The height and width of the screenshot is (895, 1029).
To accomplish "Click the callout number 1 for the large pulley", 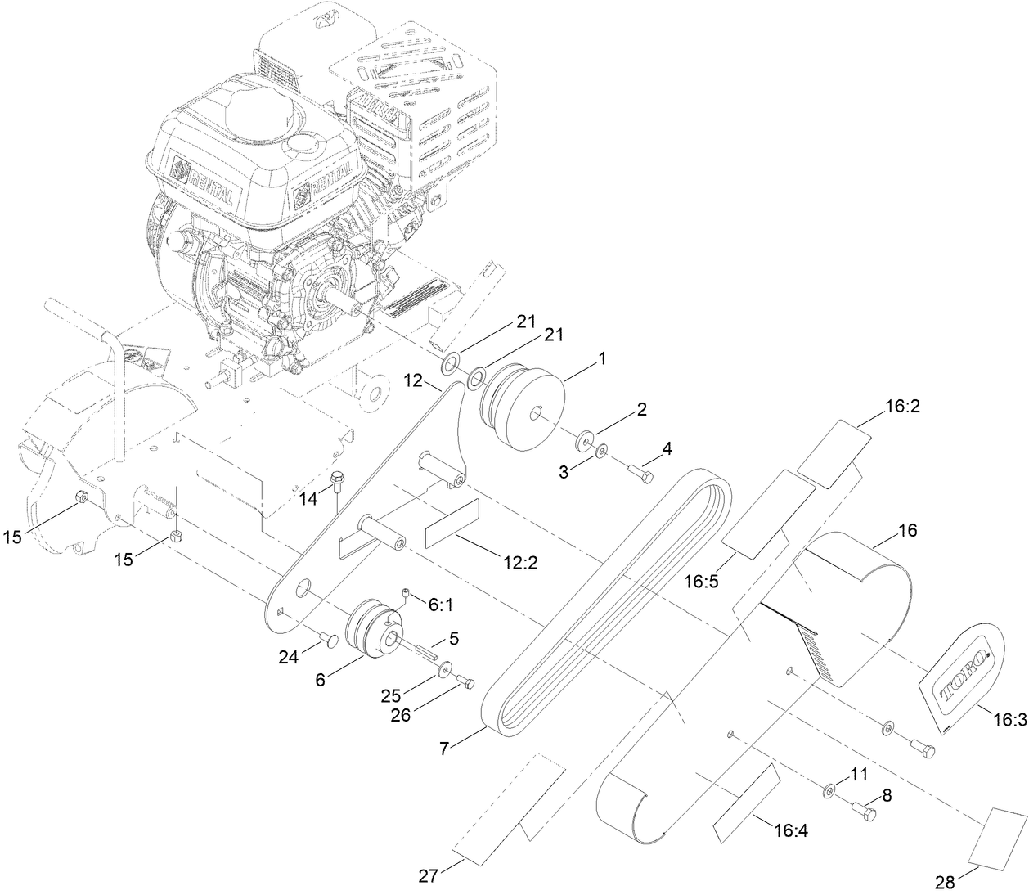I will [602, 358].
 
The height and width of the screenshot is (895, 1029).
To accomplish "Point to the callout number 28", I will [945, 882].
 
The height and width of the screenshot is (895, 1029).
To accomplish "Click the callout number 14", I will [308, 499].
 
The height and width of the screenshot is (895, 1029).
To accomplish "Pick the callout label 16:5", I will [700, 582].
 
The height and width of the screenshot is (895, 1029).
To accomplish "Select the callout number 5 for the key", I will [452, 635].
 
